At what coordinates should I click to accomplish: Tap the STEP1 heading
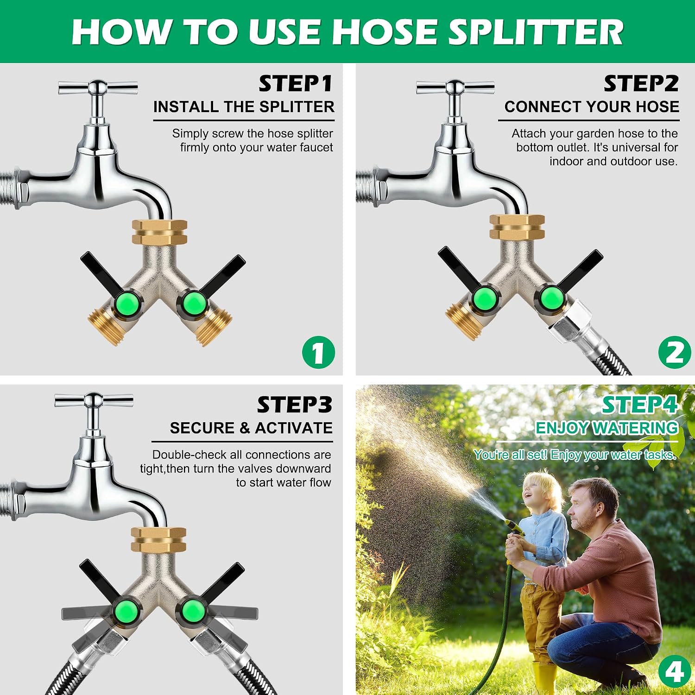(296, 84)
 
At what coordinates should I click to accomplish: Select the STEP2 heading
(641, 84)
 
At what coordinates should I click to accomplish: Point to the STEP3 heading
(295, 404)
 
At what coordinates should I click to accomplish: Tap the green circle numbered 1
(318, 353)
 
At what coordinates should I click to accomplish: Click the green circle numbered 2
(674, 353)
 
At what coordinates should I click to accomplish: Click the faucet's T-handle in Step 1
(98, 87)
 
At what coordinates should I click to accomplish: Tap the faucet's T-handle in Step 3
(94, 400)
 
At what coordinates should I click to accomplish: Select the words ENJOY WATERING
(607, 428)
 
